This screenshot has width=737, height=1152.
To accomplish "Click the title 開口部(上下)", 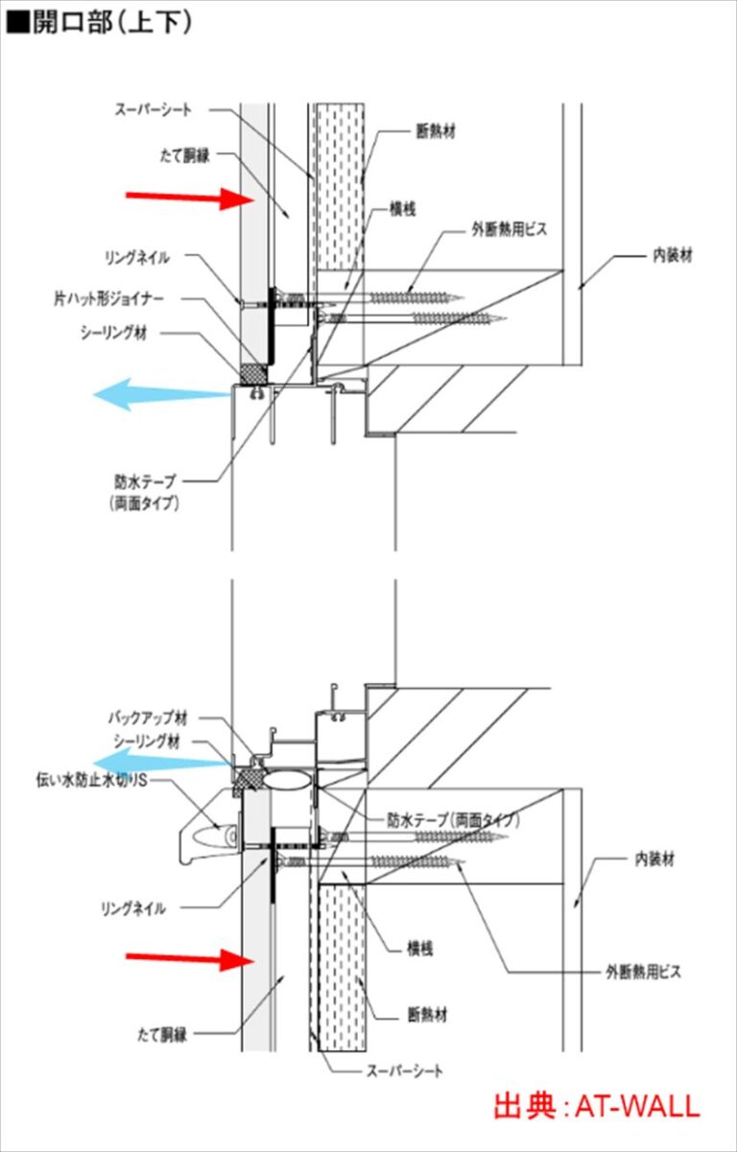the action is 98,23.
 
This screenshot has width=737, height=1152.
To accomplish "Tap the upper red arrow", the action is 190,199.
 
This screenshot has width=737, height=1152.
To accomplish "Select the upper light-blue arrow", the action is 162,394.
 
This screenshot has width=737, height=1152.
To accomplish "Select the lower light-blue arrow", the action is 162,763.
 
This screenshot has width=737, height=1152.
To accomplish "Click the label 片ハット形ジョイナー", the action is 108,298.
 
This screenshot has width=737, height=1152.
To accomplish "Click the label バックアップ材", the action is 148,718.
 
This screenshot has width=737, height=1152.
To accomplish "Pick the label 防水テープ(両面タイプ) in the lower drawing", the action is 453,820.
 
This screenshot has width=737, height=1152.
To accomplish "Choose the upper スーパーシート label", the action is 153,109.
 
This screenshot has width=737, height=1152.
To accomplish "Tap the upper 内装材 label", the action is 673,255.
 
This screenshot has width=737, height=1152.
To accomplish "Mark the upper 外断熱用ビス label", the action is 509,229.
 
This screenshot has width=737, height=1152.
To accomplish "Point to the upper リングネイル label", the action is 137,258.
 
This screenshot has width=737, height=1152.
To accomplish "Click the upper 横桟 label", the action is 402,209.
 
